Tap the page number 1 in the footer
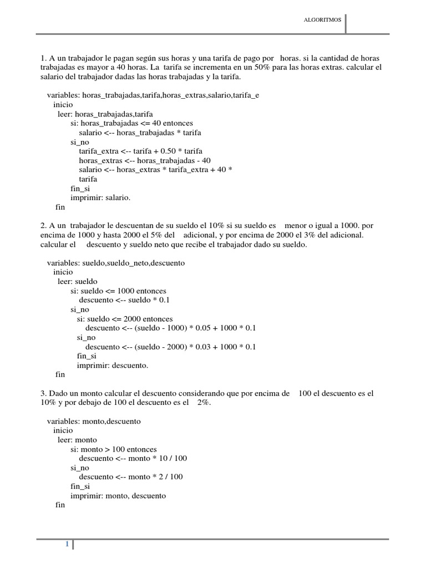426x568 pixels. tap(67, 544)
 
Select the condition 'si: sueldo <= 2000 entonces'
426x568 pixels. tap(125, 319)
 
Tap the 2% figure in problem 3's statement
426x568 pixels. tap(203, 403)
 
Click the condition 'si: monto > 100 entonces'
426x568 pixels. tap(114, 450)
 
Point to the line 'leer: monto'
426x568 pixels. tap(77, 440)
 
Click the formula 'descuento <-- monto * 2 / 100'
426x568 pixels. tap(131, 477)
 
